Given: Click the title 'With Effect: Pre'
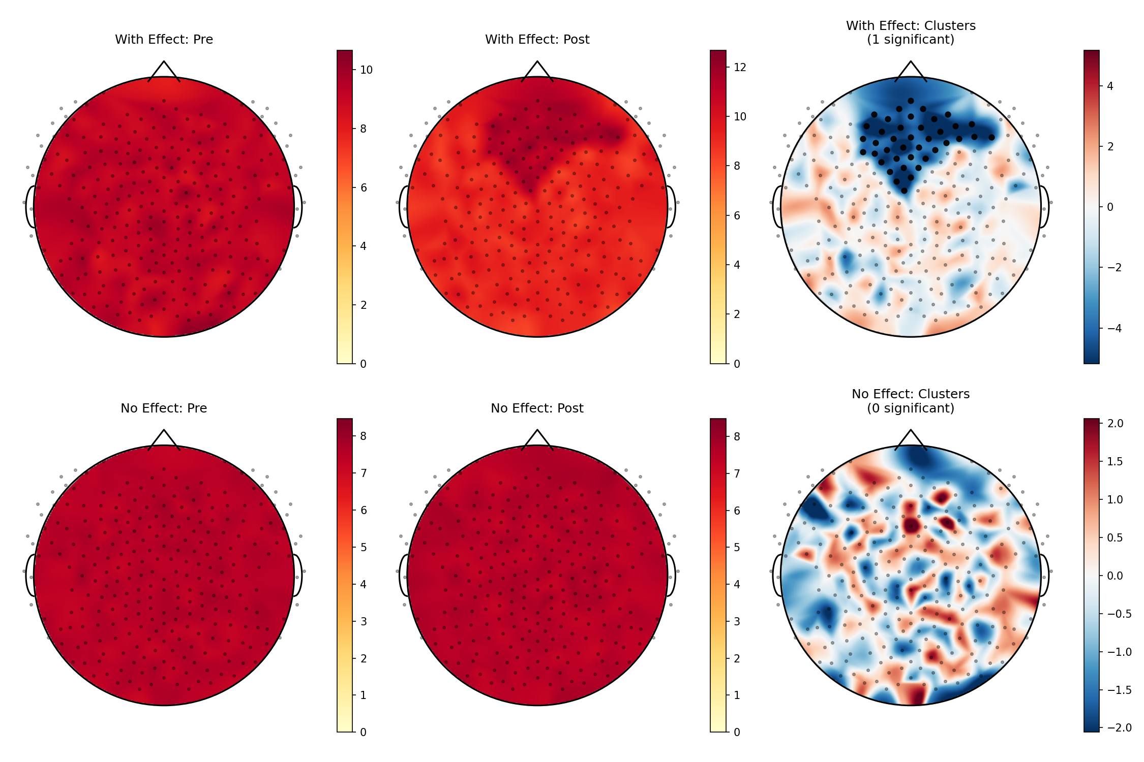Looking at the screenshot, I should click(x=164, y=40).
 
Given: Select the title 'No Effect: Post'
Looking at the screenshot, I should click(x=537, y=408).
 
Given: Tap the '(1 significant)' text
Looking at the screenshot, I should click(x=910, y=40).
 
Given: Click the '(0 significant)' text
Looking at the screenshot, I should click(x=910, y=408).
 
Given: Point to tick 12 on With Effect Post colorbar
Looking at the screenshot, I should click(x=740, y=67).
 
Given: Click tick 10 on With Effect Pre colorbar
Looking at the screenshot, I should click(x=366, y=70).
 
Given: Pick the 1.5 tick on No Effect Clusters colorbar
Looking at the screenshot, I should click(x=1115, y=461).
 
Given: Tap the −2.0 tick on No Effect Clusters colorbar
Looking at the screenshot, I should click(x=1115, y=727).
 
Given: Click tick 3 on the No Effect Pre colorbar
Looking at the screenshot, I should click(x=364, y=621).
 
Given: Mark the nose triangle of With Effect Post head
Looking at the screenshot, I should click(x=537, y=70).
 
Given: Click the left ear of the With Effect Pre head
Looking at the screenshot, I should click(x=30, y=207).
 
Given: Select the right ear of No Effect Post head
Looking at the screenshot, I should click(x=671, y=575).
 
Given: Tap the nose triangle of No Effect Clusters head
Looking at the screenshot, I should click(x=911, y=439).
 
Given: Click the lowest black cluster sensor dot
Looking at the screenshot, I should click(x=904, y=191).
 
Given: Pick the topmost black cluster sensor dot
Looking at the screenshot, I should click(x=911, y=101).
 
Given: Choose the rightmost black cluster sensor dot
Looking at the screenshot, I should click(x=991, y=137).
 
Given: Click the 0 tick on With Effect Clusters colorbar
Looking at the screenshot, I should click(x=1110, y=207).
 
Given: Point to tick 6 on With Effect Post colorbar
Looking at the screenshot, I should click(x=737, y=215).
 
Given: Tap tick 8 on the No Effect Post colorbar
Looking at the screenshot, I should click(x=737, y=436).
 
